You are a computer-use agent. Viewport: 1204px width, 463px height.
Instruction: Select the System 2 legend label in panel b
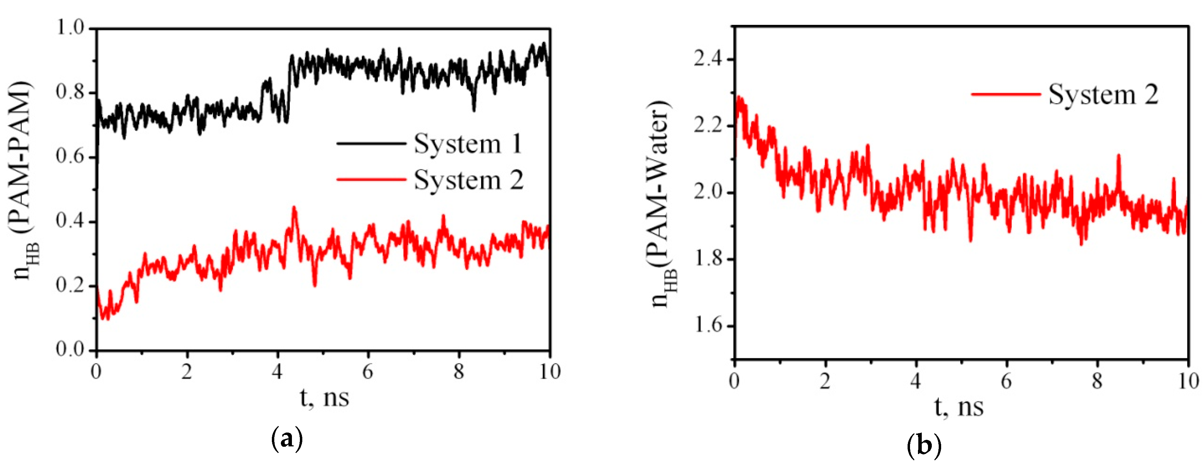[x=1103, y=94]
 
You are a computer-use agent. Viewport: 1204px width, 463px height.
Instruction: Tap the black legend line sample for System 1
[x=371, y=144]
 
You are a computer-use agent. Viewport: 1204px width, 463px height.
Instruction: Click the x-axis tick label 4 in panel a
[x=277, y=372]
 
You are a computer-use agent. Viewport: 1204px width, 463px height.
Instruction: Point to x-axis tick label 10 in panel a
[x=549, y=372]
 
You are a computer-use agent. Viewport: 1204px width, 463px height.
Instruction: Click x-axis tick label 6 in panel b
[x=1006, y=381]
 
